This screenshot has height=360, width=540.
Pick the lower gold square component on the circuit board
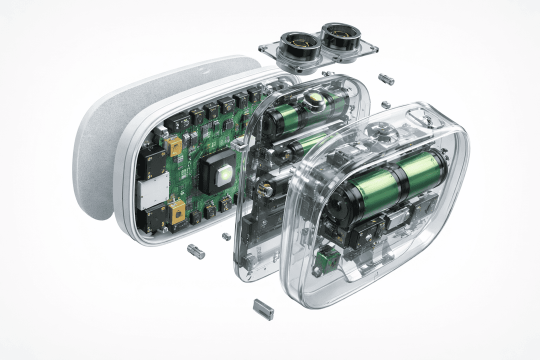click(x=177, y=213)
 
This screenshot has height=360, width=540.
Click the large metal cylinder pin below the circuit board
click(x=195, y=251)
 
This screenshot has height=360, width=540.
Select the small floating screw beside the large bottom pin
click(x=226, y=236)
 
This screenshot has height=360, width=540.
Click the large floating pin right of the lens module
click(x=386, y=79)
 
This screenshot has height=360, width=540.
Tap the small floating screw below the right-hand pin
click(x=386, y=105)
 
